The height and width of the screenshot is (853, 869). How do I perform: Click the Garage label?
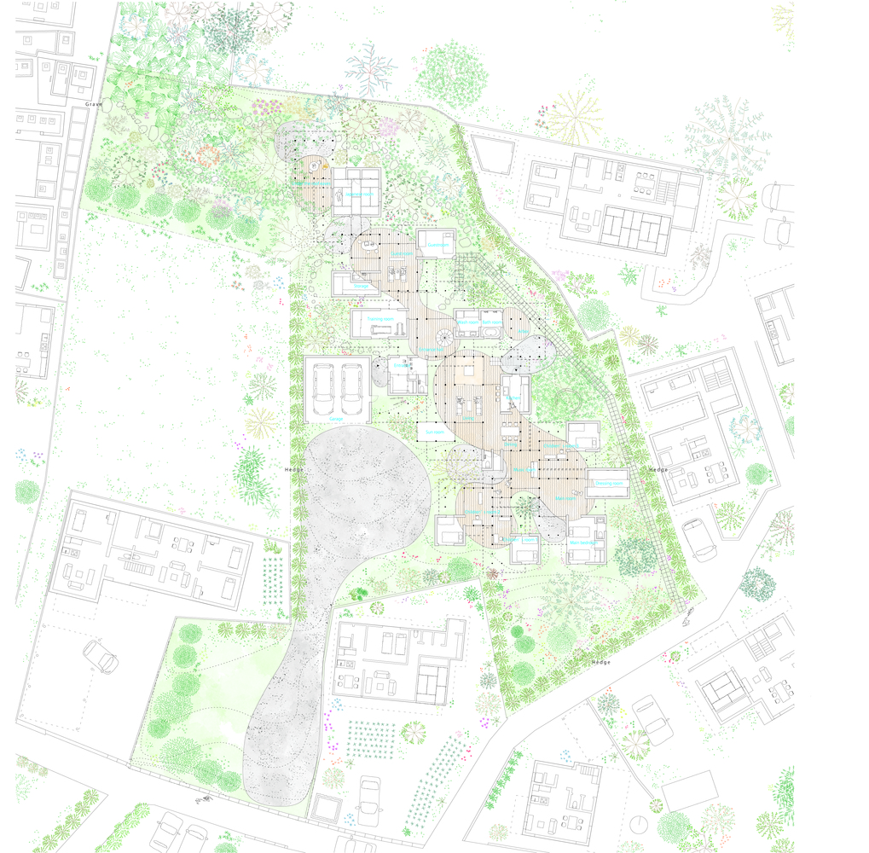pyautogui.click(x=337, y=419)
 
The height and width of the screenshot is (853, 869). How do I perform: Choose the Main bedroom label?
pyautogui.click(x=586, y=543)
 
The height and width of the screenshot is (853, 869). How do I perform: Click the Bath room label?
pyautogui.click(x=490, y=322)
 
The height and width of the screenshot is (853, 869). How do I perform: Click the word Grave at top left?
pyautogui.click(x=94, y=104)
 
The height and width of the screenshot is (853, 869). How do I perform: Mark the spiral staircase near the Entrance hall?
pyautogui.click(x=446, y=338)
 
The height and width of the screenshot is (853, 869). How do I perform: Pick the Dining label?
pyautogui.click(x=510, y=444)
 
